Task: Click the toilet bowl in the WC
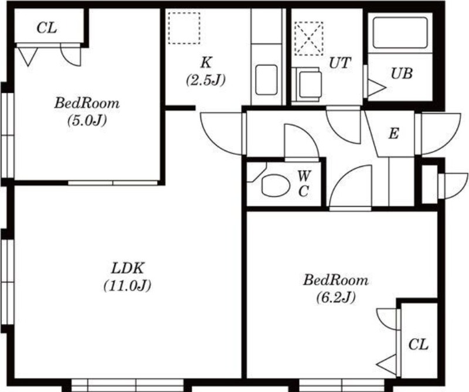pyautogui.click(x=276, y=186)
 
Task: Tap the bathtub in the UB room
pyautogui.click(x=400, y=33)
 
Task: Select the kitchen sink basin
pyautogui.click(x=267, y=80)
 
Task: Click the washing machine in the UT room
pyautogui.click(x=307, y=84)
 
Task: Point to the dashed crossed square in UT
pyautogui.click(x=309, y=38)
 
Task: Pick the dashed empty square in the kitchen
pyautogui.click(x=184, y=28)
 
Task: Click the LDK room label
pyautogui.click(x=128, y=268)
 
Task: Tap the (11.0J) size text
pyautogui.click(x=127, y=285)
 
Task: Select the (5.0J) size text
pyautogui.click(x=87, y=121)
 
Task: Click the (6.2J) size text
pyautogui.click(x=336, y=297)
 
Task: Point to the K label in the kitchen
pyautogui.click(x=206, y=63)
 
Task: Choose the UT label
pyautogui.click(x=340, y=63)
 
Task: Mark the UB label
pyautogui.click(x=402, y=73)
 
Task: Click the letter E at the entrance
pyautogui.click(x=393, y=134)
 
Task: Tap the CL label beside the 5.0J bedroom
pyautogui.click(x=47, y=28)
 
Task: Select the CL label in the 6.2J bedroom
pyautogui.click(x=419, y=345)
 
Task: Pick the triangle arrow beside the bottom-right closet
pyautogui.click(x=386, y=364)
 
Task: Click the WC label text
pyautogui.click(x=304, y=183)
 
